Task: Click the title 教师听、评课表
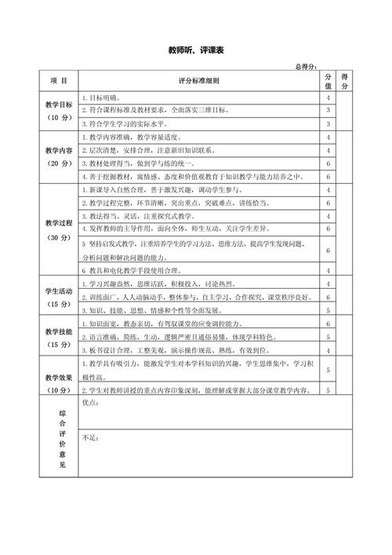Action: pyautogui.click(x=196, y=50)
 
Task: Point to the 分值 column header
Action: pyautogui.click(x=328, y=81)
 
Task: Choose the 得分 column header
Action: pyautogui.click(x=344, y=81)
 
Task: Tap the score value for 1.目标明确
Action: pyautogui.click(x=328, y=97)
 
